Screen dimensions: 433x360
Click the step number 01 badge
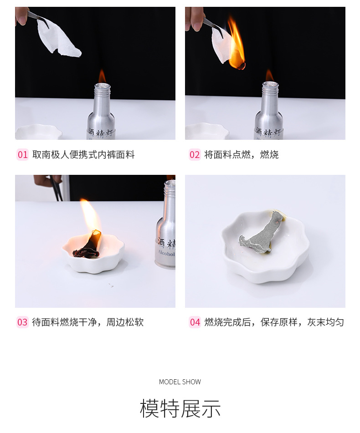click(x=23, y=155)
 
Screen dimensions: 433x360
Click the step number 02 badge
click(x=195, y=155)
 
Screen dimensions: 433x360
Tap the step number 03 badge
click(x=23, y=322)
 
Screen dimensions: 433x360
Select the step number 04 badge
click(x=195, y=322)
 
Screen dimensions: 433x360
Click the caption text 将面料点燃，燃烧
click(x=242, y=155)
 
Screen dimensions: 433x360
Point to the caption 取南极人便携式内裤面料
click(x=83, y=155)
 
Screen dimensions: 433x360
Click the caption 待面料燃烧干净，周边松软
click(x=88, y=322)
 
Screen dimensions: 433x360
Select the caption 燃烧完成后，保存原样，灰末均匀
click(x=274, y=322)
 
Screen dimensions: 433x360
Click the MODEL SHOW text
click(x=180, y=382)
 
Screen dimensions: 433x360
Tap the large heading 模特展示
click(x=180, y=408)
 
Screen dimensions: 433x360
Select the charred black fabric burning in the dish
click(x=89, y=246)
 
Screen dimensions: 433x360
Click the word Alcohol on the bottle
click(x=166, y=253)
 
